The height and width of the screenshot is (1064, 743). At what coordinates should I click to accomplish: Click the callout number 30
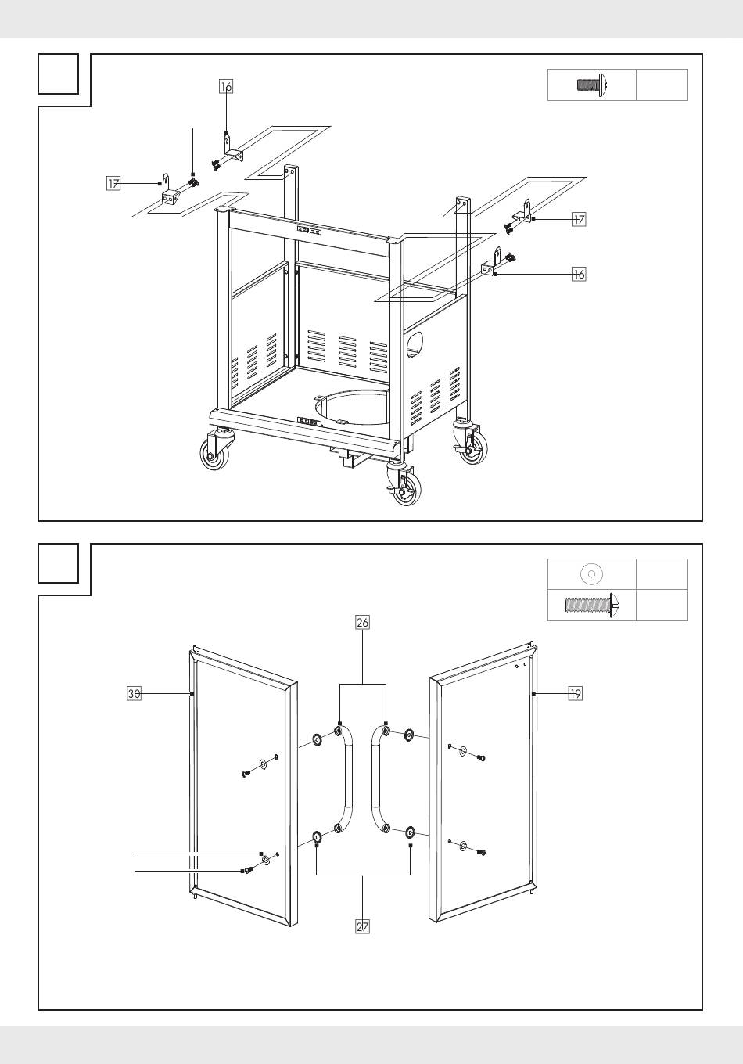(x=135, y=694)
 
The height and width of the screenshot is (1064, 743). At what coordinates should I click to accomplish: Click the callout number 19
(x=576, y=694)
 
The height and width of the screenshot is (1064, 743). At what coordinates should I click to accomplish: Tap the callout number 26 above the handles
(x=362, y=623)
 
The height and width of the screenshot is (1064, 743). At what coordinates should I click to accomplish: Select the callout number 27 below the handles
(x=362, y=926)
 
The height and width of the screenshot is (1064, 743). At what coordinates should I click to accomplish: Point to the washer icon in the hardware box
(x=591, y=574)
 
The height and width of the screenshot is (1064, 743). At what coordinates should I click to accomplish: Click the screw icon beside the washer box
(x=594, y=606)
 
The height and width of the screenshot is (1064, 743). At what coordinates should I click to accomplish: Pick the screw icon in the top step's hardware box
(x=592, y=85)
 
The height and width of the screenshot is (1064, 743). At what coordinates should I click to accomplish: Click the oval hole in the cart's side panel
(x=415, y=345)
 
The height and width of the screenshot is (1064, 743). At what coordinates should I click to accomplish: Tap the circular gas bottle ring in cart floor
(x=352, y=408)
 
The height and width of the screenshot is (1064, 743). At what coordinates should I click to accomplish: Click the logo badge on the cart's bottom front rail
(x=309, y=420)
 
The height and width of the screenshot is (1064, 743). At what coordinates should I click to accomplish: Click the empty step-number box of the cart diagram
(x=59, y=74)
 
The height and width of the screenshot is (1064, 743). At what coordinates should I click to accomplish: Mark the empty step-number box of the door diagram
(x=59, y=563)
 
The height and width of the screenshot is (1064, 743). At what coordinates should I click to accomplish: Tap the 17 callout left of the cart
(x=113, y=183)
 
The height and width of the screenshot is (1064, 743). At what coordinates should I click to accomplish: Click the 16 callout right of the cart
(x=580, y=274)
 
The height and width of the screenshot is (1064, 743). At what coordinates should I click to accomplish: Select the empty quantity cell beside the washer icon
(x=662, y=574)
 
